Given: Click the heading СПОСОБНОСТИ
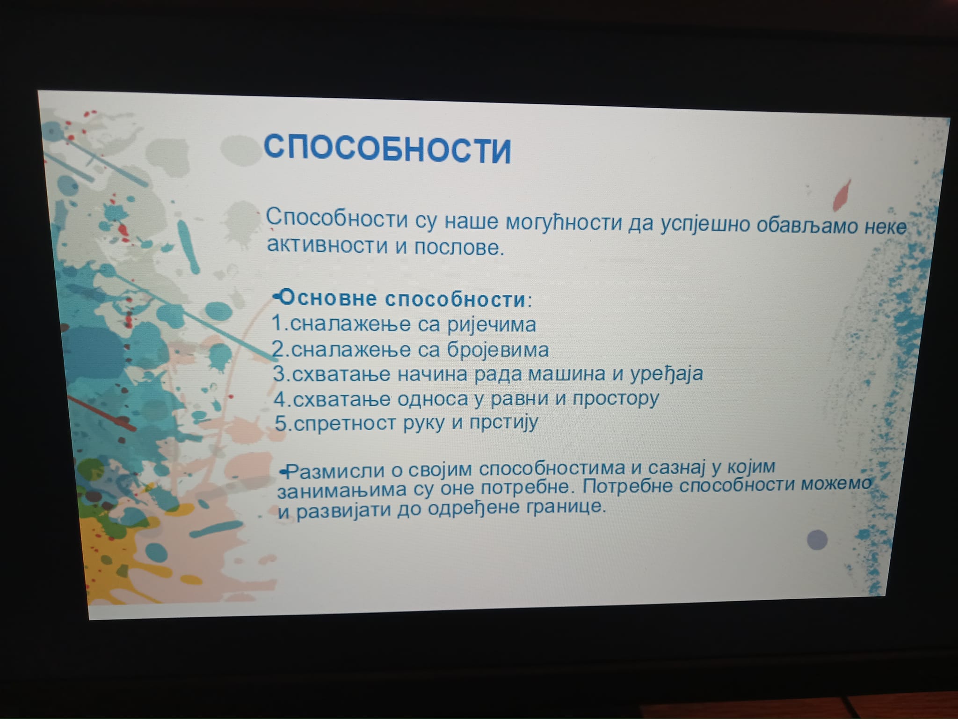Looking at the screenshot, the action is tap(387, 147).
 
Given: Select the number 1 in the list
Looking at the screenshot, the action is tap(278, 323).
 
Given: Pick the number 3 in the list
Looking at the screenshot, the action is tap(279, 374).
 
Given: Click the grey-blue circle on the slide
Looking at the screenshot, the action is tap(817, 540).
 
